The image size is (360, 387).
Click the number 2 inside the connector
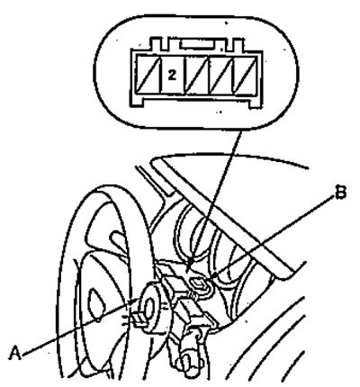click(x=172, y=75)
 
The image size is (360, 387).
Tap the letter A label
click(x=14, y=353)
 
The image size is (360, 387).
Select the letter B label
click(x=340, y=193)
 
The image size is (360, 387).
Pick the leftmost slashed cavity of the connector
click(x=148, y=75)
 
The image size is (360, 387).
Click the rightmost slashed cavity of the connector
click(x=245, y=75)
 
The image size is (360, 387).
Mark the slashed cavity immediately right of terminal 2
click(x=196, y=75)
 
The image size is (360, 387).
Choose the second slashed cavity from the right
click(x=221, y=75)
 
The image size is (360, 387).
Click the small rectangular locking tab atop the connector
click(x=197, y=45)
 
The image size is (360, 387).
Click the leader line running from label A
click(x=78, y=328)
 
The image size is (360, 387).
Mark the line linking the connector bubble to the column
click(x=215, y=199)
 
